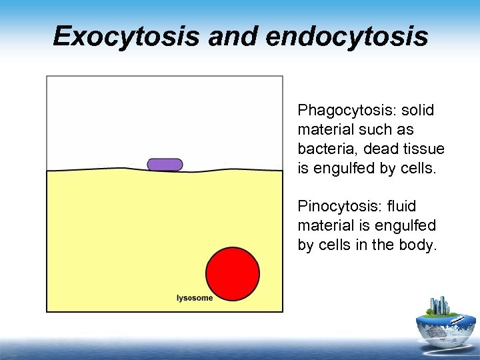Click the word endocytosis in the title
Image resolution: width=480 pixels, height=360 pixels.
(x=347, y=37)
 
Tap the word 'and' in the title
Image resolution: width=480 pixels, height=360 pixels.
(x=232, y=37)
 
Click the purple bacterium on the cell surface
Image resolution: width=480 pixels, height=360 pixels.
(x=165, y=165)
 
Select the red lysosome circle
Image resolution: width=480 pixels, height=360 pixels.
(x=233, y=274)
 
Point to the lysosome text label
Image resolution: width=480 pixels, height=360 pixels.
(x=195, y=298)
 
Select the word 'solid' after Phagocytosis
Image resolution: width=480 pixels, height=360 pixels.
(x=418, y=109)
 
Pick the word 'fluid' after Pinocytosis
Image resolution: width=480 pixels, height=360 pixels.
(x=403, y=206)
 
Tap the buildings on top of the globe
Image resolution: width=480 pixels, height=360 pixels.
(x=441, y=307)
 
